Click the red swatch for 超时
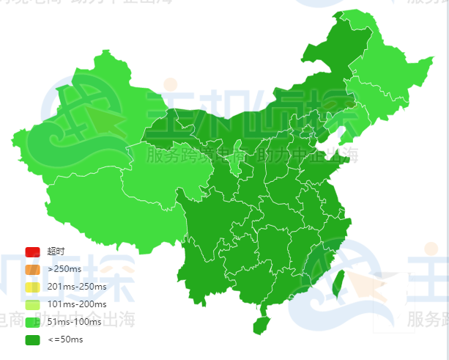31,251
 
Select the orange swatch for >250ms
31,269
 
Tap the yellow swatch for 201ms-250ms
31,287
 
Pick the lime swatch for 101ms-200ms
31,304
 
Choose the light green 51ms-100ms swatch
31,322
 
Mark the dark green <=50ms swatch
31,339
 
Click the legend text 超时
56,251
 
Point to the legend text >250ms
64,269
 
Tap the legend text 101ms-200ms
76,304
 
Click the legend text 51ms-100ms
73,322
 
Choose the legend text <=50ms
65,339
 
